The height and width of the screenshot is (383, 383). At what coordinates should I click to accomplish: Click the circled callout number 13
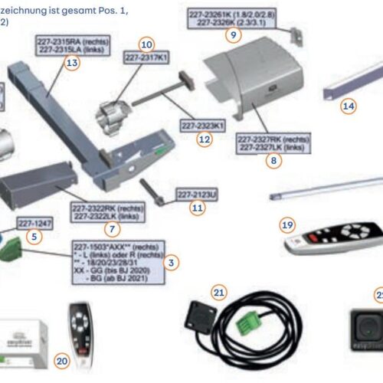pos(72,64)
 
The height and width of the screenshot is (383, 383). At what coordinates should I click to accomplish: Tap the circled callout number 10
pos(146,44)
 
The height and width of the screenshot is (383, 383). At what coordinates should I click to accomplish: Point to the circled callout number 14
pos(349,106)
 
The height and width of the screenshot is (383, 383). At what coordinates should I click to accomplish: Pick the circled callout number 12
pos(203,139)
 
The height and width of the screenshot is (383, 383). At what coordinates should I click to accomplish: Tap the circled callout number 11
pos(198,208)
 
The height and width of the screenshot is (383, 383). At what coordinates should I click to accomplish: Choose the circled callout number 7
pos(113,229)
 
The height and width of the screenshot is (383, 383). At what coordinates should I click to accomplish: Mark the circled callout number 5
pos(33,237)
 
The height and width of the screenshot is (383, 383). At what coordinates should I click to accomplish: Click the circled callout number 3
pos(172,263)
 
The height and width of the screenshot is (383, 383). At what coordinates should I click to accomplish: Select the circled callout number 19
pos(287,225)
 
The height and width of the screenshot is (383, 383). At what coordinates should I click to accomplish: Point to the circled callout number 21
pos(219,292)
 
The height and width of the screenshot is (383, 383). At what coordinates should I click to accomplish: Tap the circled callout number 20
pos(63,360)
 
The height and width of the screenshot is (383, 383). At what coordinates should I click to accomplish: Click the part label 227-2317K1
pos(147,57)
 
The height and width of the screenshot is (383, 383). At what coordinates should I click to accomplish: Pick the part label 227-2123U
pos(197,195)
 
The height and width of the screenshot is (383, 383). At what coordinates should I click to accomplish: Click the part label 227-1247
pos(34,223)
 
